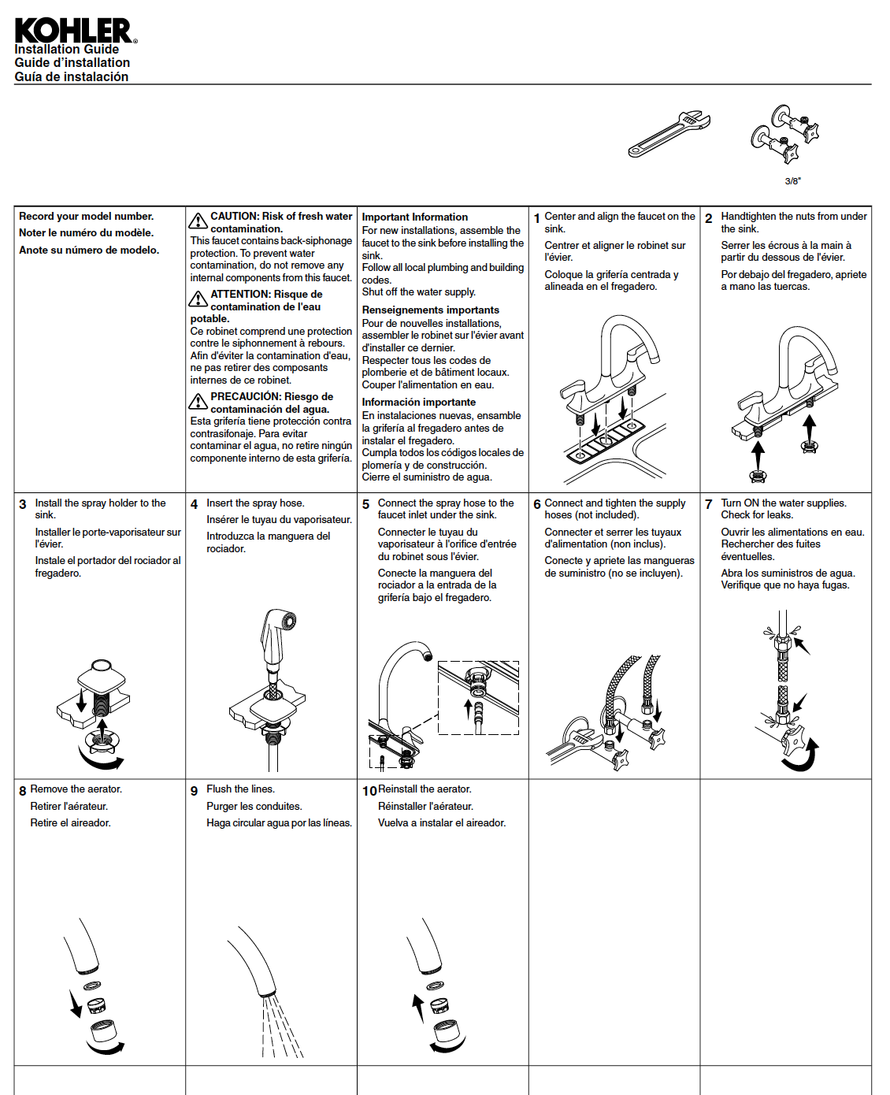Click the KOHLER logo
(75, 31)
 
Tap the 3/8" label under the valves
(792, 181)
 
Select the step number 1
(537, 218)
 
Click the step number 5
(365, 504)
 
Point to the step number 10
(369, 791)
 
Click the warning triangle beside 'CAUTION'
(198, 220)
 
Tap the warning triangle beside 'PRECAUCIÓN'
(198, 401)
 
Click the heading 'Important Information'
(414, 217)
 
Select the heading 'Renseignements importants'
(430, 310)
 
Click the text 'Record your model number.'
(86, 216)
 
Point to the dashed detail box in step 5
(478, 698)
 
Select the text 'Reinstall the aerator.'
(425, 789)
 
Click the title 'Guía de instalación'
(71, 76)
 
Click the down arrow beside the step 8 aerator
(75, 1004)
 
